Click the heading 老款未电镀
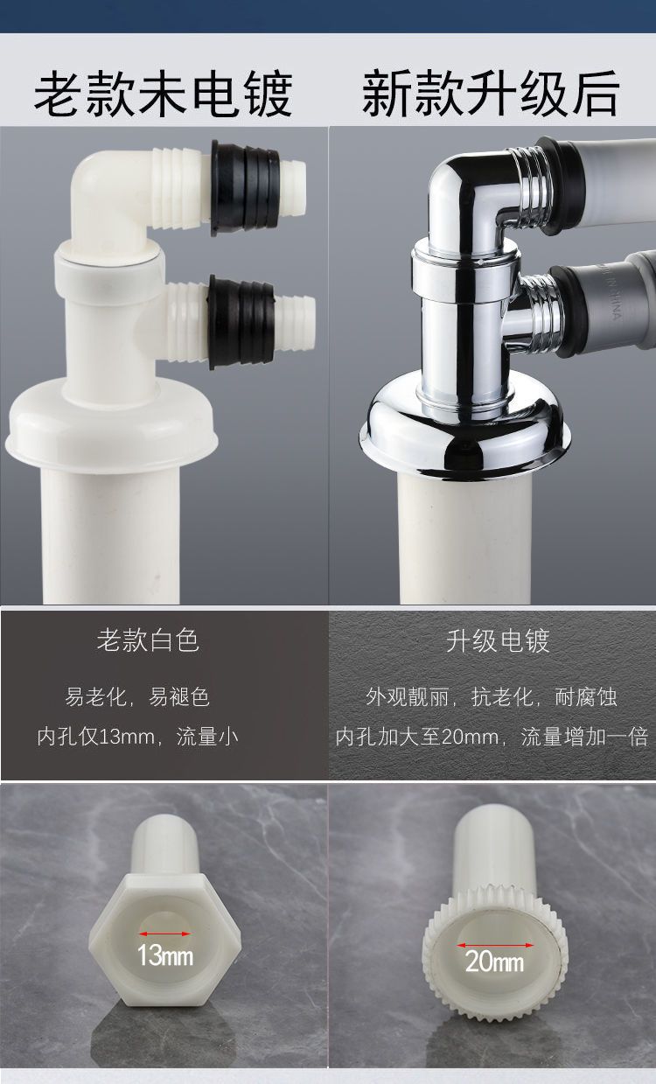163,94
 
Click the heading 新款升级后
491,94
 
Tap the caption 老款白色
148,640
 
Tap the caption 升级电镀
498,640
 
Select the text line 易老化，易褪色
137,697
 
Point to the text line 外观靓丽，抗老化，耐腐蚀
492,697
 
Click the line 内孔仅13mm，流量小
138,737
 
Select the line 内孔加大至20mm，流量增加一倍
492,737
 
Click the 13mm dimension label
165,955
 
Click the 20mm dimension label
494,962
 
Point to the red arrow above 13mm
165,934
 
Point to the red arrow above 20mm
495,945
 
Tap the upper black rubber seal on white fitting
245,188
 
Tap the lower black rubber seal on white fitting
241,322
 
